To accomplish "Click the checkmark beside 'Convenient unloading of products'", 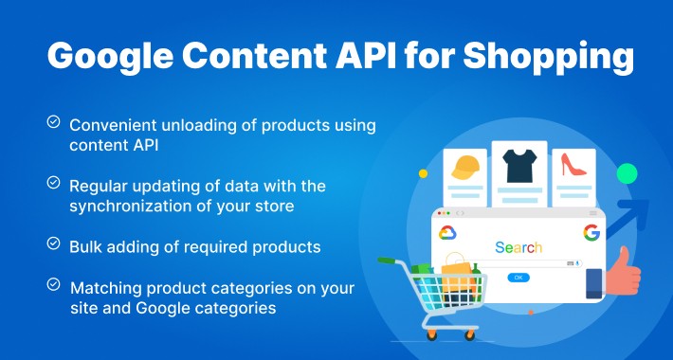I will click(x=54, y=122).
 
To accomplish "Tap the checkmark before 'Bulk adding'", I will click(x=54, y=243).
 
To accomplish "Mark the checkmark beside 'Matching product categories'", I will click(x=54, y=283).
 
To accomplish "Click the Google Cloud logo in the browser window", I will click(x=447, y=233).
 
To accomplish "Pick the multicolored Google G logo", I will click(x=591, y=233).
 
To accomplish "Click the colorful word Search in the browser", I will click(x=518, y=248).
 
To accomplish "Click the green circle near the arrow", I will click(x=626, y=173).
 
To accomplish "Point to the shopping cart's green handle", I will click(x=388, y=257).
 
